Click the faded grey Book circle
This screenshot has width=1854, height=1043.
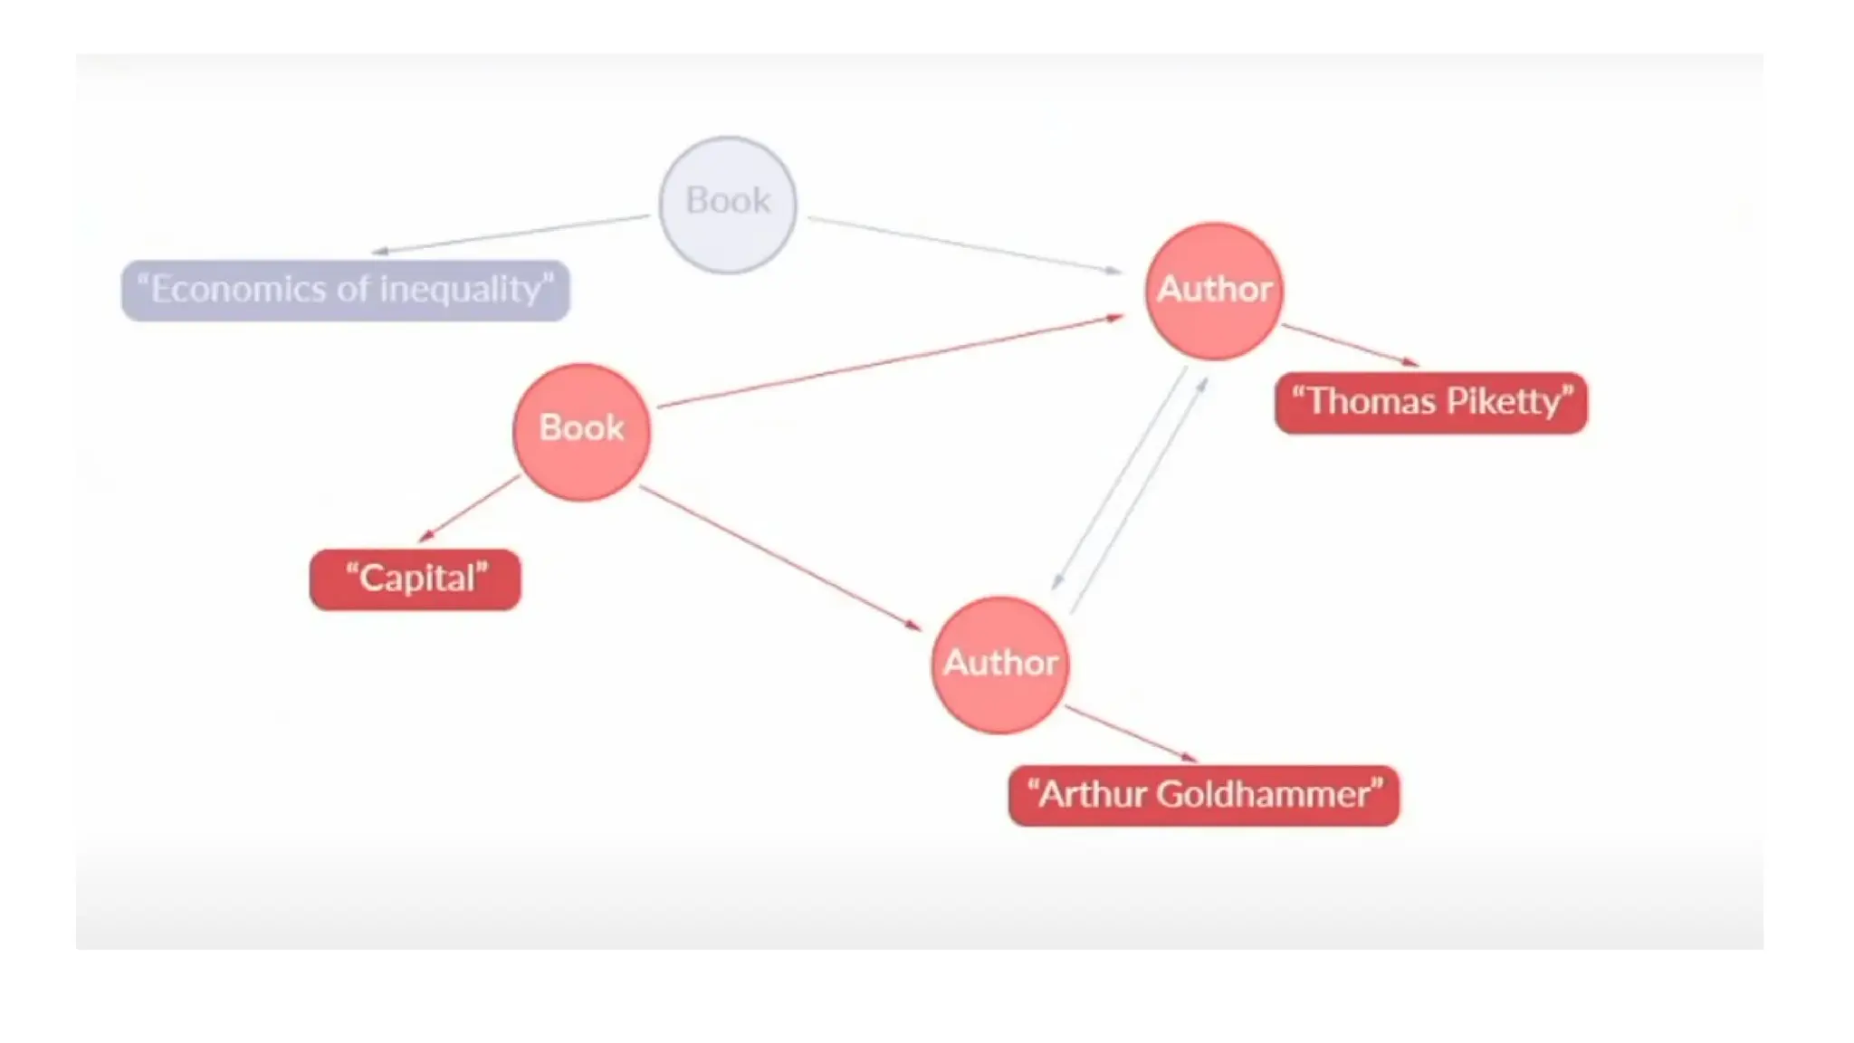click(x=728, y=205)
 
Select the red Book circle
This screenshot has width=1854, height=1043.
click(x=581, y=432)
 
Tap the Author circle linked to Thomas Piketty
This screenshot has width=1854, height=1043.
click(x=1214, y=291)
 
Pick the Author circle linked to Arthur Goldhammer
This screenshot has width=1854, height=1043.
click(x=1000, y=665)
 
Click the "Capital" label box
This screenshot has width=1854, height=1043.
click(x=416, y=579)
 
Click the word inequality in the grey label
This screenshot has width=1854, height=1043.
click(x=465, y=290)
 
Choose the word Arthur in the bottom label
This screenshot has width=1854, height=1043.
click(x=1091, y=795)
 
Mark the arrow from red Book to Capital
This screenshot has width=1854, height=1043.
click(x=469, y=509)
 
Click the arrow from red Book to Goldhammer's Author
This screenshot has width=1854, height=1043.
click(x=780, y=557)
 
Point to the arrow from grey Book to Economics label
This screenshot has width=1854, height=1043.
click(x=511, y=234)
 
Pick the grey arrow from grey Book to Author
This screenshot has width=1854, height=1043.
click(x=964, y=244)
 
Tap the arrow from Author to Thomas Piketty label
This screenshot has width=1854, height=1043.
click(x=1350, y=345)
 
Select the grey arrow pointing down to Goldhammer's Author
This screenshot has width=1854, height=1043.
click(x=1120, y=478)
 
